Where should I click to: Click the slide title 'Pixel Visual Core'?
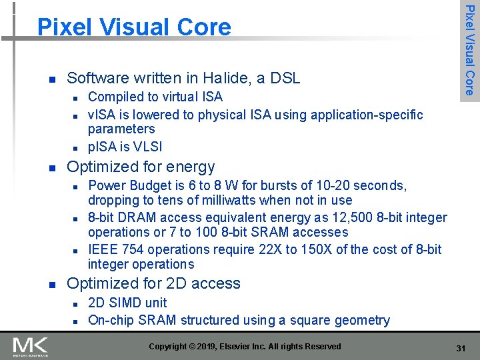click(134, 27)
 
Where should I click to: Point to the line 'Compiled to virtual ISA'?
click(155, 97)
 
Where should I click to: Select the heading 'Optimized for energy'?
click(141, 167)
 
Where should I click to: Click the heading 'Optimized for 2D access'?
click(153, 283)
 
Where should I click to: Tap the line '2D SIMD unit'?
click(127, 303)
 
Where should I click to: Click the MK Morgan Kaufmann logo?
click(31, 347)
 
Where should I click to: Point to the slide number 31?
click(460, 349)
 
